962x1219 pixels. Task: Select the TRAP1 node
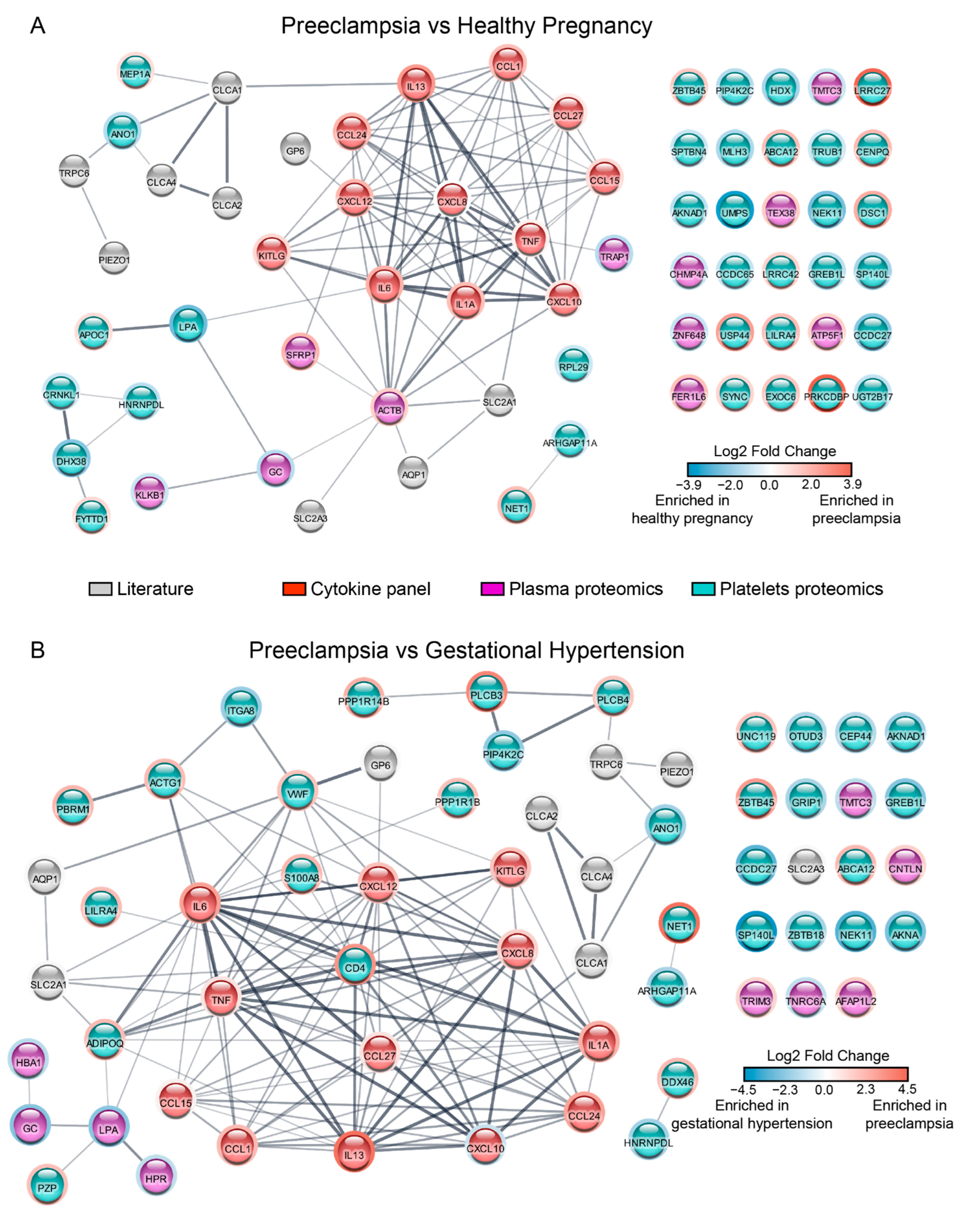[x=614, y=255]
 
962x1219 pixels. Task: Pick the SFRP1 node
[x=301, y=353]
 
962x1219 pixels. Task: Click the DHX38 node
[x=71, y=460]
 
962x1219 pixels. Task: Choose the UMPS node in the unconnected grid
[x=735, y=212]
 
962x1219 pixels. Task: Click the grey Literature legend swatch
[x=100, y=589]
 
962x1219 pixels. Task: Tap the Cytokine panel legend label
[x=371, y=589]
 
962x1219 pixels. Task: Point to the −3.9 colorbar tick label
[x=688, y=484]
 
